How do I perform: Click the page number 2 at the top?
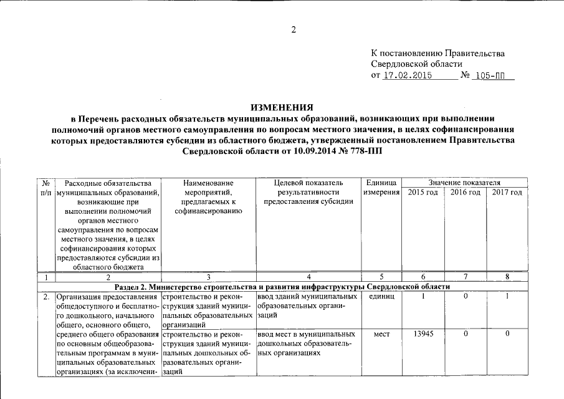click(294, 30)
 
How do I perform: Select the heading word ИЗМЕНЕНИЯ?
click(282, 107)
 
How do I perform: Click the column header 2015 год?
click(423, 193)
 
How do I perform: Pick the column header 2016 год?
click(465, 193)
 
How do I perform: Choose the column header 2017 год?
click(507, 193)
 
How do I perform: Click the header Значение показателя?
click(464, 182)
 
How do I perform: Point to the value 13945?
click(423, 335)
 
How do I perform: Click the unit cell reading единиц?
click(381, 297)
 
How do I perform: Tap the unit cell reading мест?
click(381, 335)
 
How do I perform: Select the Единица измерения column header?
click(381, 187)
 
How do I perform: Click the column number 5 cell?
click(381, 276)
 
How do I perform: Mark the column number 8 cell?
click(507, 276)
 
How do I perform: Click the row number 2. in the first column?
click(46, 297)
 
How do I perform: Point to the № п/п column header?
click(46, 188)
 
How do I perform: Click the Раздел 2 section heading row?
click(282, 286)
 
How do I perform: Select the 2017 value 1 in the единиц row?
click(507, 297)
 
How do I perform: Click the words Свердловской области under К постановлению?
click(416, 64)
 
